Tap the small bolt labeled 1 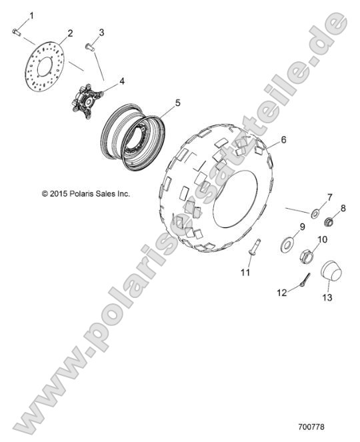coord(17,31)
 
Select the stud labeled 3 coord(89,47)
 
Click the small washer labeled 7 coord(315,213)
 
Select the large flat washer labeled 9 coord(287,245)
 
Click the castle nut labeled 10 coord(307,256)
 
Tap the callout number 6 coord(283,139)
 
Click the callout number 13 coord(327,297)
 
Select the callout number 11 coord(245,272)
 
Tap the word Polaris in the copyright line coord(80,193)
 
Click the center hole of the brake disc coord(45,67)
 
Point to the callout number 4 coord(122,81)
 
